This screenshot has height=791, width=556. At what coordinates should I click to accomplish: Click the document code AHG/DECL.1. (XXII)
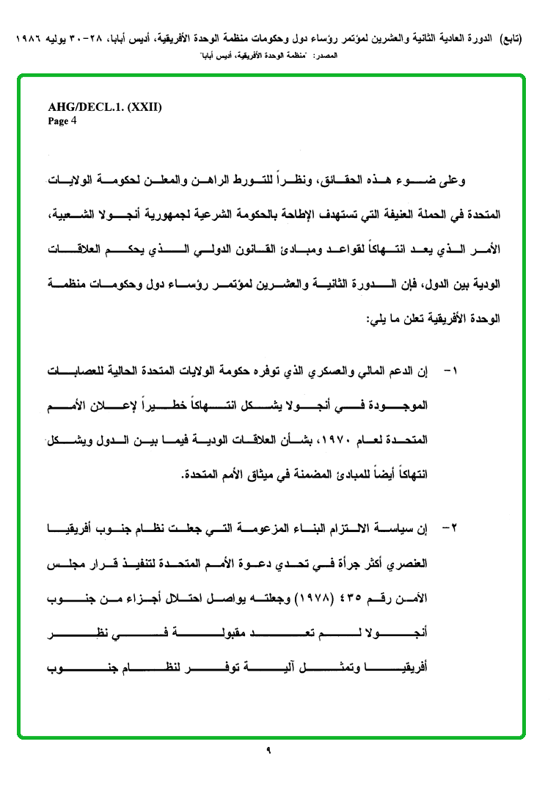(x=105, y=107)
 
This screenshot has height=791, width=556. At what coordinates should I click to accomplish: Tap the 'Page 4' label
(x=62, y=121)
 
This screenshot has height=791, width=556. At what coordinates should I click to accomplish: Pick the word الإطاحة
(x=294, y=216)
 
